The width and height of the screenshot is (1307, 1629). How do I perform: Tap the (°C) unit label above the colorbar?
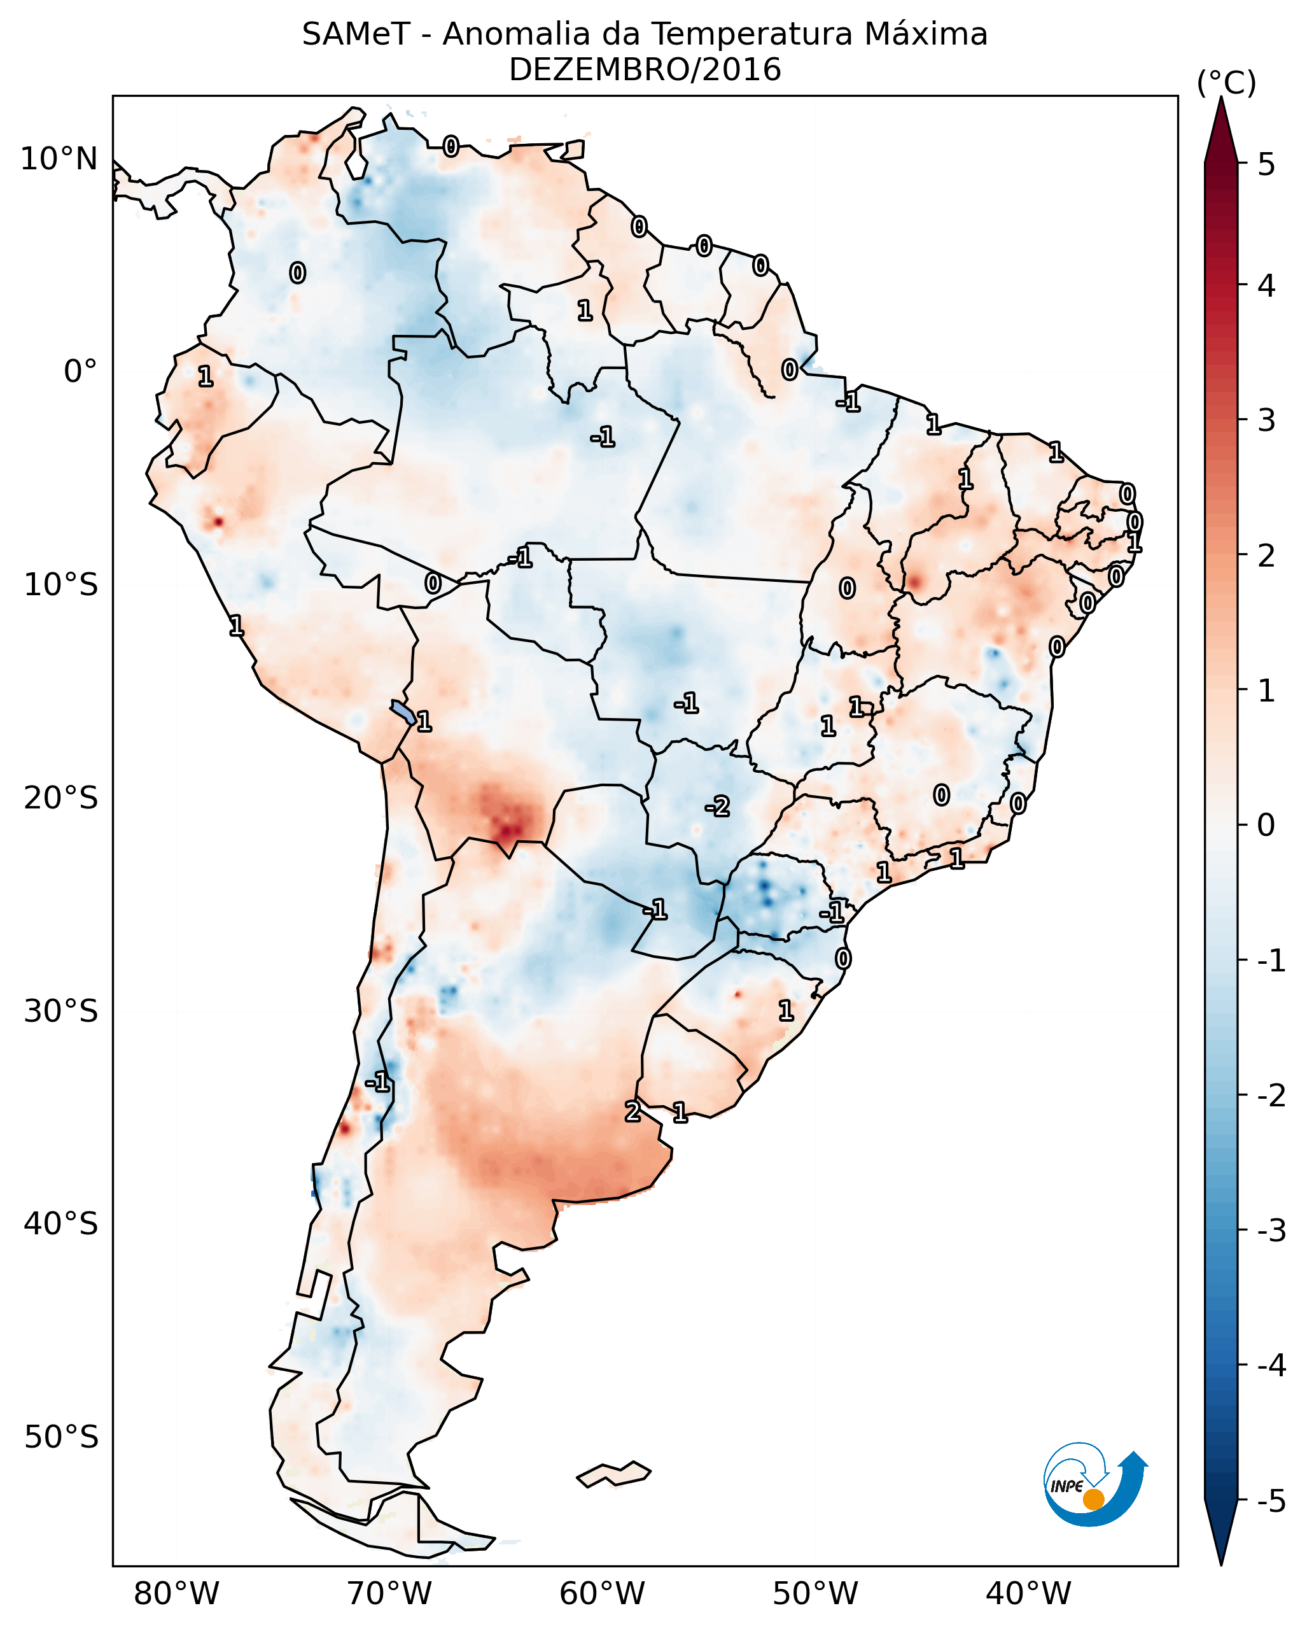(x=1226, y=83)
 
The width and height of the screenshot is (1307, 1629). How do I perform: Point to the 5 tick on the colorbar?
(x=1266, y=164)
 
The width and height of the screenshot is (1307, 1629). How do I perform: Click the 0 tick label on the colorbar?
(x=1266, y=825)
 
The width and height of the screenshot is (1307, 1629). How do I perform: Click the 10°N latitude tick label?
(x=59, y=159)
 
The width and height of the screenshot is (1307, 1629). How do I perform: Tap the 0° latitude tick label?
(x=80, y=372)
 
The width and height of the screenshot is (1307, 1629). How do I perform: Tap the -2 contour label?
(x=717, y=807)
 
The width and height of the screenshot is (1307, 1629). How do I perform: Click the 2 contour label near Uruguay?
(x=633, y=1111)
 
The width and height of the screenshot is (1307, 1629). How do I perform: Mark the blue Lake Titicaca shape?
(x=402, y=711)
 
